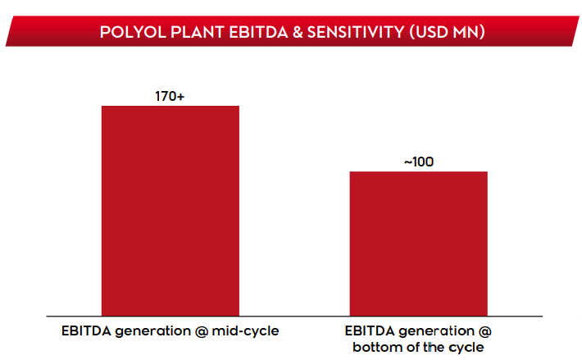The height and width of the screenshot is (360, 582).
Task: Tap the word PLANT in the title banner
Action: (198, 32)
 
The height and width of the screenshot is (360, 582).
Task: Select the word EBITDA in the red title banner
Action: (258, 32)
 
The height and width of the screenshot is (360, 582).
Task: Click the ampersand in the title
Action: (298, 32)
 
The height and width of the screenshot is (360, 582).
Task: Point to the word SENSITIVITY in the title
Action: (356, 32)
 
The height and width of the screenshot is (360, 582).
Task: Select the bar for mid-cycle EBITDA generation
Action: (171, 211)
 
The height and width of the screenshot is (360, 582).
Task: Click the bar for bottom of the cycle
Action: (418, 244)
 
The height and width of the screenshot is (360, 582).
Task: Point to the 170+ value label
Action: (170, 97)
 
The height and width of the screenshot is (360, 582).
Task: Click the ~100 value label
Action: (419, 162)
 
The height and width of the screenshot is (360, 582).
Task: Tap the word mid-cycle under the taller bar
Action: (245, 330)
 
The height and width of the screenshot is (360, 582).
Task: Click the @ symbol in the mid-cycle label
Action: (201, 331)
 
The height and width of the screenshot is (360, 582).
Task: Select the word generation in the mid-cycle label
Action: (153, 331)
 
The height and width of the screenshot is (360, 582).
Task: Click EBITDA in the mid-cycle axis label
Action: (87, 330)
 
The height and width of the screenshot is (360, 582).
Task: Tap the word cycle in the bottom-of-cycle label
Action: (466, 348)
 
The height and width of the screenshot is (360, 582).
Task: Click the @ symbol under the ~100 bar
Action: (484, 331)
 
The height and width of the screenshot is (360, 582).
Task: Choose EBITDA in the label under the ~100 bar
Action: (370, 330)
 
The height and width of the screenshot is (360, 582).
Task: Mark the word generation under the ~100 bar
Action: (436, 331)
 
